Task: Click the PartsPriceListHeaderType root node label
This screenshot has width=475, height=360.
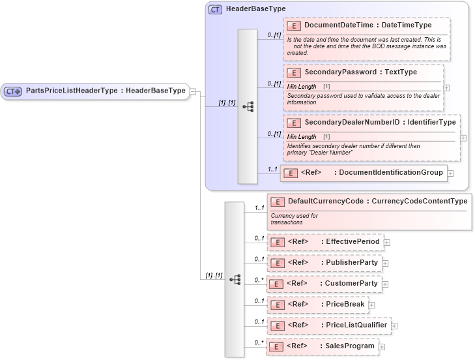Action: click(x=106, y=91)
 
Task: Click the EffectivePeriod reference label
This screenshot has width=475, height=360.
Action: click(x=353, y=242)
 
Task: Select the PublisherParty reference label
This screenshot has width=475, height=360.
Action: click(x=352, y=263)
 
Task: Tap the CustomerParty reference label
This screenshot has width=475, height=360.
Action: click(x=352, y=284)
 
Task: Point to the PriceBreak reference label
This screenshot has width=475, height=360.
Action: click(x=345, y=304)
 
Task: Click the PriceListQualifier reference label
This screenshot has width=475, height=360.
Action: click(x=356, y=325)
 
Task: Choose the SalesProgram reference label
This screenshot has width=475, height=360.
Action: click(x=350, y=346)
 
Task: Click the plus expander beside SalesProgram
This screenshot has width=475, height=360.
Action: click(x=383, y=346)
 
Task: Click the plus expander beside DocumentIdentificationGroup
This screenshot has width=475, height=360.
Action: click(x=450, y=173)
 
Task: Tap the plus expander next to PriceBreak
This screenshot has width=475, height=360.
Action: click(x=371, y=305)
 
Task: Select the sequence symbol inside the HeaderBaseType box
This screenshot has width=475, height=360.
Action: click(x=248, y=106)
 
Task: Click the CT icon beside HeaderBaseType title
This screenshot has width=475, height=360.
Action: click(x=215, y=9)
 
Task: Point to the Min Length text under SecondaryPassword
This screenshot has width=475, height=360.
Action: click(x=302, y=86)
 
